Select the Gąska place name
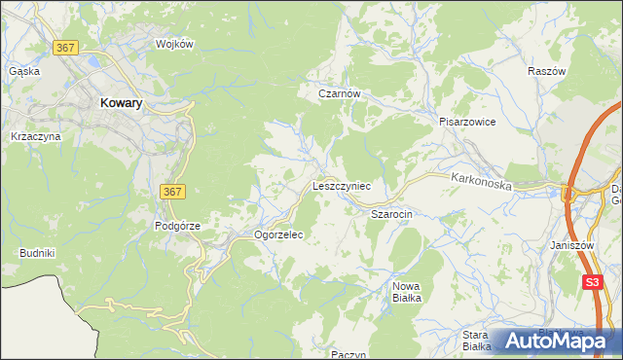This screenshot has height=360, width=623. pyautogui.click(x=23, y=71)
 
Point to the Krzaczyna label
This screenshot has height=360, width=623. pyautogui.click(x=35, y=137)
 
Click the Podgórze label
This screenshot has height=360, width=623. pyautogui.click(x=177, y=226)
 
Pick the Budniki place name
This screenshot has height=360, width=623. pyautogui.click(x=37, y=253)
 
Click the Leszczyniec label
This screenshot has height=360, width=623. pyautogui.click(x=341, y=184)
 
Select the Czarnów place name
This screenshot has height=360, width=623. pyautogui.click(x=341, y=94)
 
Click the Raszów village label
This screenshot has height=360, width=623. pyautogui.click(x=546, y=72)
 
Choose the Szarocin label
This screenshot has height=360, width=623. pyautogui.click(x=393, y=212)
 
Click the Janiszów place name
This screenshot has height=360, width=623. pyautogui.click(x=571, y=246)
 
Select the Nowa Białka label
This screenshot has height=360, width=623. pyautogui.click(x=406, y=292)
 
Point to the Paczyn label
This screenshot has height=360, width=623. pyautogui.click(x=348, y=354)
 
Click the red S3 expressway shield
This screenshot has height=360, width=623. pyautogui.click(x=593, y=283)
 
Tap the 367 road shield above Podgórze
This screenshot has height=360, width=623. pyautogui.click(x=170, y=193)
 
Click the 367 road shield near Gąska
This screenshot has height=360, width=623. pyautogui.click(x=66, y=48)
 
